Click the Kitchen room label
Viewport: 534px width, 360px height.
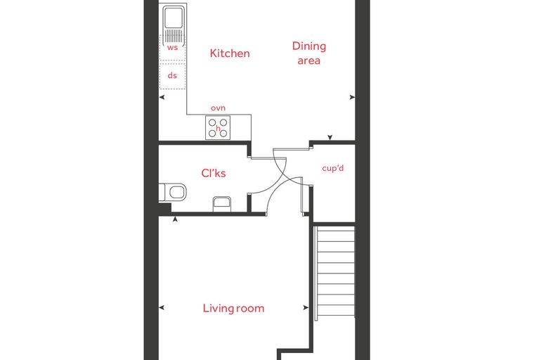click(230, 53)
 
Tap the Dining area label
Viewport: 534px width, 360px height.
click(309, 53)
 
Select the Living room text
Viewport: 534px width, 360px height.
click(233, 308)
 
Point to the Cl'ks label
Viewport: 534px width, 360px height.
click(214, 173)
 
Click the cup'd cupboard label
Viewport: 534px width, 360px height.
click(333, 168)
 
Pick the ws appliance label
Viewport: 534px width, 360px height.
click(172, 47)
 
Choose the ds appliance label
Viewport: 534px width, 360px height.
click(172, 75)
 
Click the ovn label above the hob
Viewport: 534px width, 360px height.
click(218, 108)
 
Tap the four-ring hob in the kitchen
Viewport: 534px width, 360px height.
click(218, 127)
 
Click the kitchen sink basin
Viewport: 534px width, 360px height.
click(174, 17)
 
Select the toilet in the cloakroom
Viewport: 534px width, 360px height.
click(173, 192)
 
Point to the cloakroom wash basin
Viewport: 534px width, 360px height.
click(222, 204)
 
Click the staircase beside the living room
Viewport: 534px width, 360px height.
click(334, 273)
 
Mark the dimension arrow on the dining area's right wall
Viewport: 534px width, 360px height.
click(352, 97)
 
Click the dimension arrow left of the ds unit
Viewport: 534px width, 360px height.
click(162, 97)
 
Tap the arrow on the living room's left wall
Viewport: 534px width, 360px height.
click(162, 307)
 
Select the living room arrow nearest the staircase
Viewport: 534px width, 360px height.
click(306, 307)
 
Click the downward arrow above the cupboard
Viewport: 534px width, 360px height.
click(330, 137)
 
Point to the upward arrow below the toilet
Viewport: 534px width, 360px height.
click(175, 219)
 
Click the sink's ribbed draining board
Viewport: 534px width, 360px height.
click(174, 36)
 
